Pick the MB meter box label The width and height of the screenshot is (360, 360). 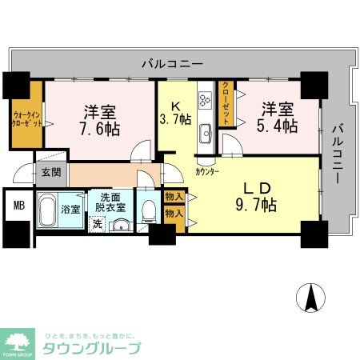point(17,205)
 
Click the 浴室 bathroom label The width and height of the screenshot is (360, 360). point(71,210)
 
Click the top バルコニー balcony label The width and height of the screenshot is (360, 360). point(172,62)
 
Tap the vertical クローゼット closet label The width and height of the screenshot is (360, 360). point(227,103)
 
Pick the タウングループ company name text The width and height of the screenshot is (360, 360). point(93,348)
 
